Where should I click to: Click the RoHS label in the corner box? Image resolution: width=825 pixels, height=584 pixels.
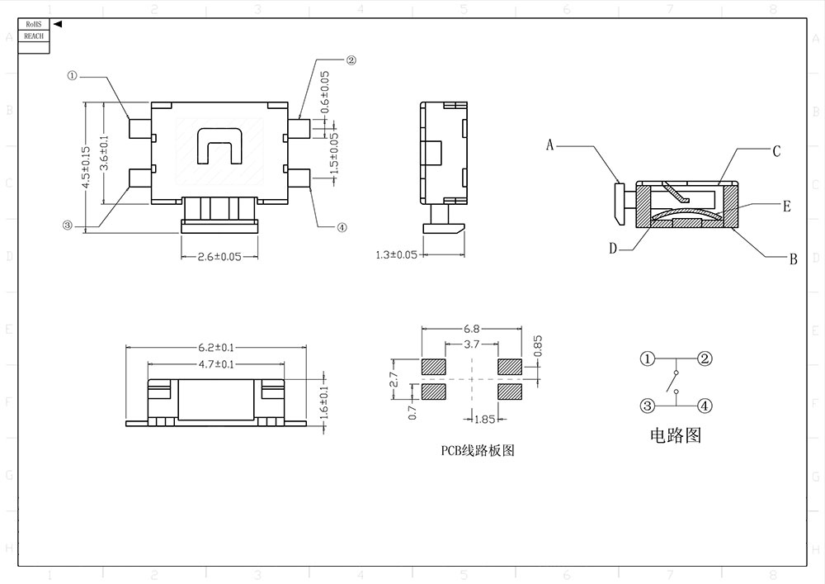pos(33,26)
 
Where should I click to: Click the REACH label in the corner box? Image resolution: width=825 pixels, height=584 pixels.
pos(33,36)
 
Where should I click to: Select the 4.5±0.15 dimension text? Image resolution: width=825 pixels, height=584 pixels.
pos(86,169)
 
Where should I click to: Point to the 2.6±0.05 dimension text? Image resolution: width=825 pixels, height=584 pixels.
pos(219,257)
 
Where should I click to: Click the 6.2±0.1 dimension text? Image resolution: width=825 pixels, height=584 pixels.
pos(216,347)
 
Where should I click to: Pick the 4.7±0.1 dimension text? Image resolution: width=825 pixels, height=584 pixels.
pos(216,363)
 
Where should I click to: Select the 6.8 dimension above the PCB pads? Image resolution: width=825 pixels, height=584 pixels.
pos(472,329)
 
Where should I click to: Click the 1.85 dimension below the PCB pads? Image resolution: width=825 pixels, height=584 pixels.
pos(484,419)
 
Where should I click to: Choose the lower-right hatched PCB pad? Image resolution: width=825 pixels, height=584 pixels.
pos(510,391)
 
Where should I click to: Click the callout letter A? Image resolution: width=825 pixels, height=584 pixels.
pos(549,145)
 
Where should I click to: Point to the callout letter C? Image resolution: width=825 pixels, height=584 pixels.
pos(776,151)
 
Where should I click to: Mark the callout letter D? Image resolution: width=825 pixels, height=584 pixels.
pos(613,248)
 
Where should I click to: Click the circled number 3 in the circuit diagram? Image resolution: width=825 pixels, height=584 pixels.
pos(648,406)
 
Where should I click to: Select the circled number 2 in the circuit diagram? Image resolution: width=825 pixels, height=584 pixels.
pos(704,358)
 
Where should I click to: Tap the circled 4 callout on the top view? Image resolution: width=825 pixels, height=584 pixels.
pos(342,228)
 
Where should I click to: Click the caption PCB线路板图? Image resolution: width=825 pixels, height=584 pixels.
pos(478,451)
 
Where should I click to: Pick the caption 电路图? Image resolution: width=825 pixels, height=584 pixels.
pos(676,435)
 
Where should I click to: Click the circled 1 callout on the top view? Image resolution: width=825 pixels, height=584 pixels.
pos(73,75)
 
